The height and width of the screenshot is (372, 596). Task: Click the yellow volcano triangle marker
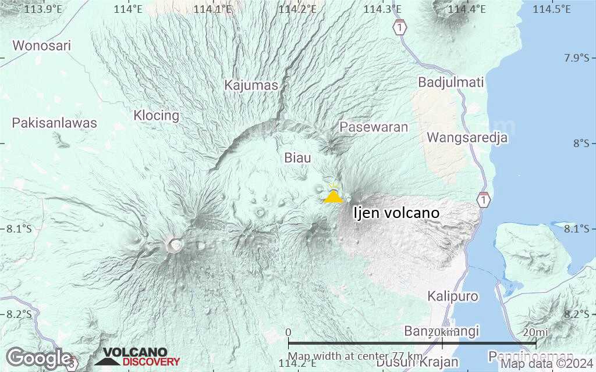(334, 196)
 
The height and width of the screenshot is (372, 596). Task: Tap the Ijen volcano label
(396, 213)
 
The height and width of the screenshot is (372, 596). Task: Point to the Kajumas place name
(251, 85)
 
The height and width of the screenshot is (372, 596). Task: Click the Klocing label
(157, 115)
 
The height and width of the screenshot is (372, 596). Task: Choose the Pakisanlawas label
(55, 123)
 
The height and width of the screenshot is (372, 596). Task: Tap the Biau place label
(297, 158)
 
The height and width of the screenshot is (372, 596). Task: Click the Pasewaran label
(374, 127)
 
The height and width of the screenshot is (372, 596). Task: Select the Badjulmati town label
(451, 83)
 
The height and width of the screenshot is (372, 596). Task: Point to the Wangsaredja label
(467, 138)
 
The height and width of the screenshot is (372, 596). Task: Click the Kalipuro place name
(453, 296)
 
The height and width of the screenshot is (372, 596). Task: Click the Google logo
(38, 357)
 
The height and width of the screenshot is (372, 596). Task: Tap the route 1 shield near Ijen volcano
(483, 200)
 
